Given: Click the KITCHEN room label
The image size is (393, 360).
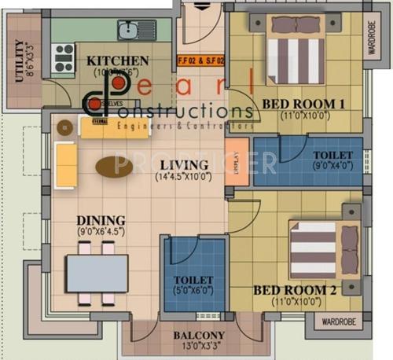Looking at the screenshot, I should coord(118,61).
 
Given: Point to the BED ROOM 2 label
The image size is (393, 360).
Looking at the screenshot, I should coord(295,290).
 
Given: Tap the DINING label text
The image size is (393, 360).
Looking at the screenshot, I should coord(101,220).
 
